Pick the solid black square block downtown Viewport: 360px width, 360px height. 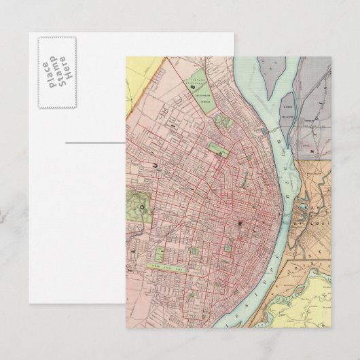(239, 223)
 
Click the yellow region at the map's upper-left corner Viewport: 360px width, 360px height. (139, 88)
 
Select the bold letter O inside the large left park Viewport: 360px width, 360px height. (142, 202)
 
